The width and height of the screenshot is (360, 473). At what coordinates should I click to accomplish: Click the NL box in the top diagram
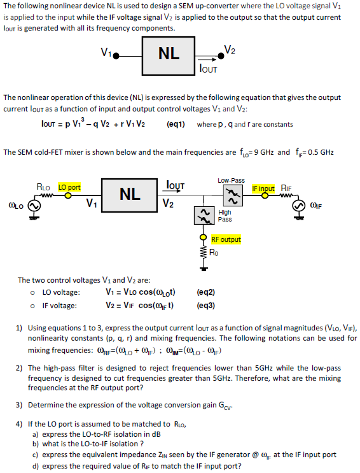pos(169,54)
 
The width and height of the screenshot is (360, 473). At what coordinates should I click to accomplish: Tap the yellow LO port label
pos(70,188)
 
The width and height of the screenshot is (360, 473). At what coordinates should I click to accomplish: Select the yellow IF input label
pos(263,188)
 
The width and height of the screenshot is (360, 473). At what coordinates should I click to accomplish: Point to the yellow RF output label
pos(226,239)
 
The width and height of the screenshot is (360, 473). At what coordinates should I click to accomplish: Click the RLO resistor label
pos(44,188)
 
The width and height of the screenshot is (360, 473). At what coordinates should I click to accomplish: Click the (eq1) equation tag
pos(176,124)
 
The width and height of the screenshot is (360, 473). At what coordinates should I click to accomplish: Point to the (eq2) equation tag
pos(206,293)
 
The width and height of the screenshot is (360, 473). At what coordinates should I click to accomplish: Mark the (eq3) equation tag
pos(206,305)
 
